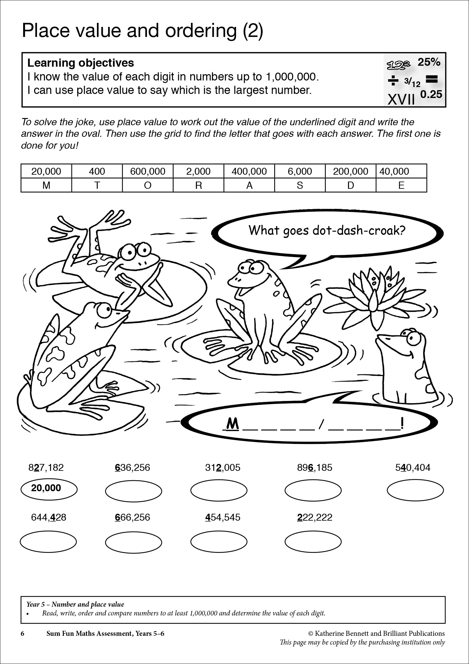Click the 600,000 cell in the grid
pyautogui.click(x=148, y=171)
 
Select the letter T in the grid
pyautogui.click(x=97, y=185)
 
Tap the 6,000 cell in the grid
pyautogui.click(x=300, y=171)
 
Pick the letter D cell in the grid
pyautogui.click(x=350, y=185)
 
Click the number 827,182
pyautogui.click(x=46, y=467)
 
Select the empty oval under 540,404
pyautogui.click(x=415, y=491)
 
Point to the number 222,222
pyautogui.click(x=314, y=517)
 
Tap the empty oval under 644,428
pyautogui.click(x=48, y=541)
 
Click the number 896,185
pyautogui.click(x=314, y=467)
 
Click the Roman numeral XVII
pyautogui.click(x=401, y=100)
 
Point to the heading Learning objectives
pyautogui.click(x=81, y=63)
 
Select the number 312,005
pyautogui.click(x=223, y=467)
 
